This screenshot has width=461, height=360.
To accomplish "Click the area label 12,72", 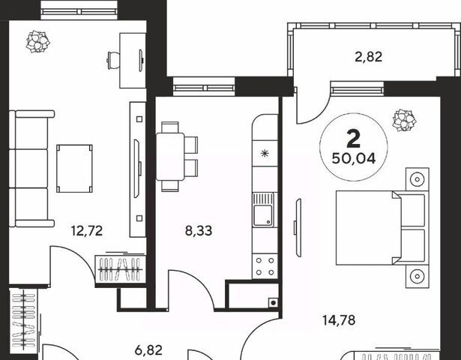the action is click(87, 231).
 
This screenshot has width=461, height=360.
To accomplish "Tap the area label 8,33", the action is click(199, 231).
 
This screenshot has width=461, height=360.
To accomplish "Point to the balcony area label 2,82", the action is click(369, 57).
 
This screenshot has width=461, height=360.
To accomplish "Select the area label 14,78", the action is click(339, 320).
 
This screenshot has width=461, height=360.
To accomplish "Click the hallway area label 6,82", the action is click(148, 350).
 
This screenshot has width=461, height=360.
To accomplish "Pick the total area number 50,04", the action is click(354, 159).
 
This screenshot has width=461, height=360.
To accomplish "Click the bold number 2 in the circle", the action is click(353, 139).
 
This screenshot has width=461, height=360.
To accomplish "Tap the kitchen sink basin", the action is click(263, 215).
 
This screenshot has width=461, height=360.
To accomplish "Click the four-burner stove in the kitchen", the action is click(265, 266).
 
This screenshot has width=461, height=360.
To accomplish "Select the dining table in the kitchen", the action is click(170, 157).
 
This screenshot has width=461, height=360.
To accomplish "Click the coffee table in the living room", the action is click(75, 168).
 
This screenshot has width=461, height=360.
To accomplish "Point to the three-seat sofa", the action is click(31, 169).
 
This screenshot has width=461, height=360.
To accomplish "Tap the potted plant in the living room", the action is click(38, 41).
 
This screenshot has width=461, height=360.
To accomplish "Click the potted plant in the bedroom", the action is click(405, 120).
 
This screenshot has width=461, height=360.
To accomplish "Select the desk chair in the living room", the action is click(113, 60).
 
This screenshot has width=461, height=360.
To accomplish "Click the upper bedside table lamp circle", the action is click(418, 178).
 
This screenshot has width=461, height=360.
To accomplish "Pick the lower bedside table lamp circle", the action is click(418, 276).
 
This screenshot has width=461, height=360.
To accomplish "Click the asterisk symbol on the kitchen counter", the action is click(265, 153).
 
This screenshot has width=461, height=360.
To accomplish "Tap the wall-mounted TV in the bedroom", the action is click(298, 228).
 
